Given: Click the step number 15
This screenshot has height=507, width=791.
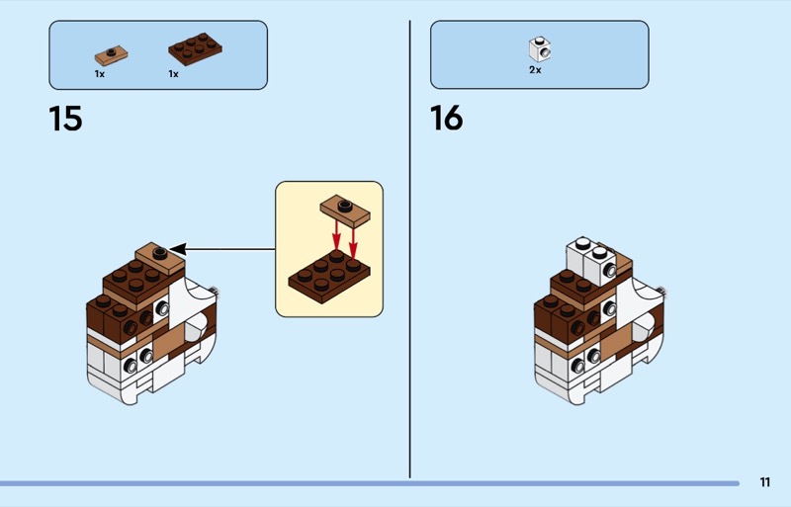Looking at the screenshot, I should (x=65, y=119).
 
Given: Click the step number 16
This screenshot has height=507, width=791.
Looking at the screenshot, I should (x=446, y=119).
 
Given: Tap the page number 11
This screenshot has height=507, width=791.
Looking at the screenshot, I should (x=765, y=482).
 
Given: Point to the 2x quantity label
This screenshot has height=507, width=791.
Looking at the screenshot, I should (x=535, y=70).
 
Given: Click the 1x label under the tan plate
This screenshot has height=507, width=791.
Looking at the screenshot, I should (x=100, y=74).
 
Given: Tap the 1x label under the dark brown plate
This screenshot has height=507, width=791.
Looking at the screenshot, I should (x=173, y=74).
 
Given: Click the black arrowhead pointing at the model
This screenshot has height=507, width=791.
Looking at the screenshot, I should (x=177, y=249).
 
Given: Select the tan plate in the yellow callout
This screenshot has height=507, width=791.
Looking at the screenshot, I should (x=344, y=208).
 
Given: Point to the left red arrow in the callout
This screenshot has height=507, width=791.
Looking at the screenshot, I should (x=336, y=237).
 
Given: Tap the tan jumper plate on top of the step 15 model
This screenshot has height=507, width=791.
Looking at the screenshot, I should (x=158, y=256).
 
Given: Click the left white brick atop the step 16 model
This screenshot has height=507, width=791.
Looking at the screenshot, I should (x=582, y=254).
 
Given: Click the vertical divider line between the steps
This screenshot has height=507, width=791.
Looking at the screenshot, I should (x=410, y=247).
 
